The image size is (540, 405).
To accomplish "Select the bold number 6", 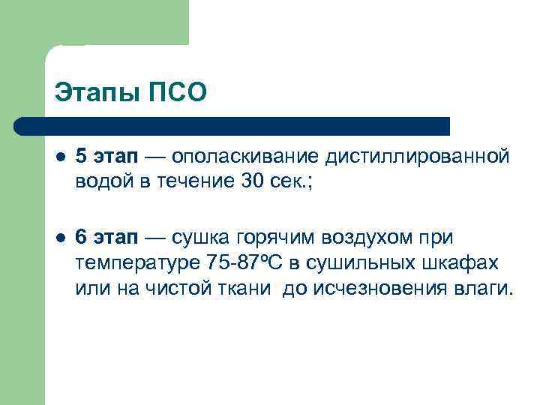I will point(82,238).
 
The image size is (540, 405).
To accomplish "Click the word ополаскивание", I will point(246,157).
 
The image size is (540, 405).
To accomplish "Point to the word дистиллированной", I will point(417,157).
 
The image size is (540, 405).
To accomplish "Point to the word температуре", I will point(136,264).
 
